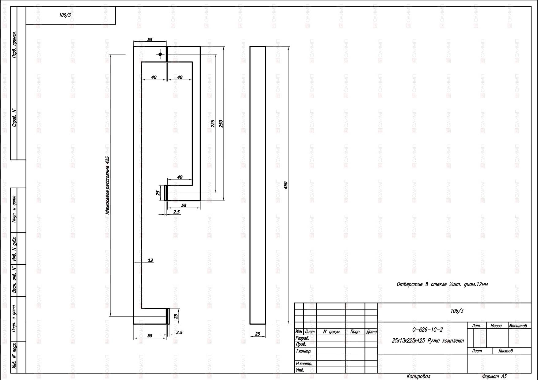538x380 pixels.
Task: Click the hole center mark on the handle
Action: click(160, 54)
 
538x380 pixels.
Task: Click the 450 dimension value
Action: click(286, 185)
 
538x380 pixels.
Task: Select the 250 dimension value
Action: click(221, 123)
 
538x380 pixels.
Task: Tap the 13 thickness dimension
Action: click(150, 260)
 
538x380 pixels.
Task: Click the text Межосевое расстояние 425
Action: click(107, 185)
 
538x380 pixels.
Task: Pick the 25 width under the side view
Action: click(258, 334)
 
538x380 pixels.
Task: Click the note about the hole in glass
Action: click(442, 284)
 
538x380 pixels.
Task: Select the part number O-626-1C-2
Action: click(428, 330)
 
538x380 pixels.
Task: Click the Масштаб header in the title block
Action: click(518, 326)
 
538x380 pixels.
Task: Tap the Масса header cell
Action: click(496, 326)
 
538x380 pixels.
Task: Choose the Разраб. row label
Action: click(302, 338)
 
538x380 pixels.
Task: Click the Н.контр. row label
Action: click(304, 364)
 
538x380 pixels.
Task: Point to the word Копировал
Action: click(418, 376)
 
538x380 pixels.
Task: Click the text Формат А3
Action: click(494, 376)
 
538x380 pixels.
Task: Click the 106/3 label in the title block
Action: click(457, 311)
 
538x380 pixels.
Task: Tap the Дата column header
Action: click(371, 332)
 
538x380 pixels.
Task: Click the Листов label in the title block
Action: click(506, 351)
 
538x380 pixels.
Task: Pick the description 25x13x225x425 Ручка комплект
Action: click(428, 340)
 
